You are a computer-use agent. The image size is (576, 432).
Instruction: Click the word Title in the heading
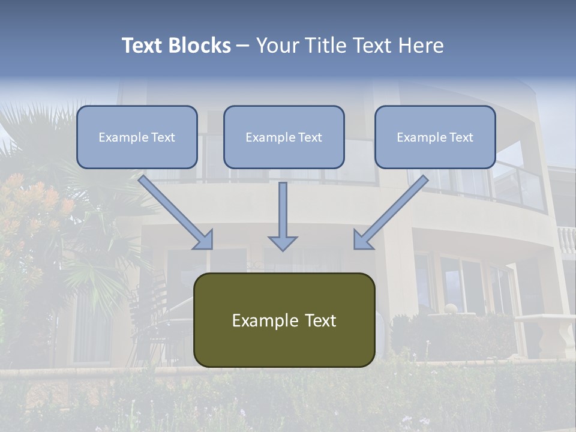324,46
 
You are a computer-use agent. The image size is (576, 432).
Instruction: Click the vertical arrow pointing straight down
283,210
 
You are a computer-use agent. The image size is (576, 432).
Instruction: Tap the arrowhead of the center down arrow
283,243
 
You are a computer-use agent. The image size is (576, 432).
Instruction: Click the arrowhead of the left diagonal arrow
204,240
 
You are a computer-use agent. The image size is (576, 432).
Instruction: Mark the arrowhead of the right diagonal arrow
362,240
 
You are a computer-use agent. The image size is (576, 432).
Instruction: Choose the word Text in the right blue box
461,137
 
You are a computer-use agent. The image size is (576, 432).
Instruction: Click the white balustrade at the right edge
566,240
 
